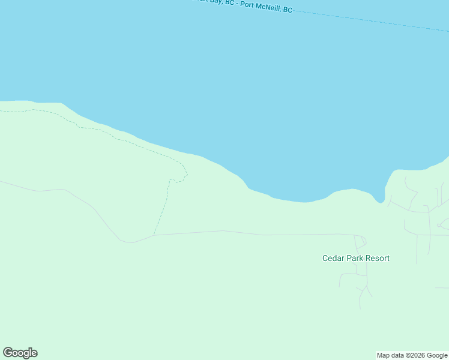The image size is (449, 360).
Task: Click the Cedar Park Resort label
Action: click(x=356, y=259)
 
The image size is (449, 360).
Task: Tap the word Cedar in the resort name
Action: click(x=333, y=259)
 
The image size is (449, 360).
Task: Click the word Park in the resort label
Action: click(x=355, y=259)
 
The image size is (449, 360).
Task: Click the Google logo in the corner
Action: click(x=20, y=353)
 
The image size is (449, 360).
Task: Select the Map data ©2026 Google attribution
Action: click(x=412, y=355)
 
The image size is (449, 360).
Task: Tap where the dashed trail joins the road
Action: click(x=154, y=235)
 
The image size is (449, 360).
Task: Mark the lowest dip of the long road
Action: click(x=127, y=242)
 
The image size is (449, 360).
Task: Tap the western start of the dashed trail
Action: click(x=2, y=112)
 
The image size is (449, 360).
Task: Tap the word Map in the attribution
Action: click(x=384, y=355)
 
